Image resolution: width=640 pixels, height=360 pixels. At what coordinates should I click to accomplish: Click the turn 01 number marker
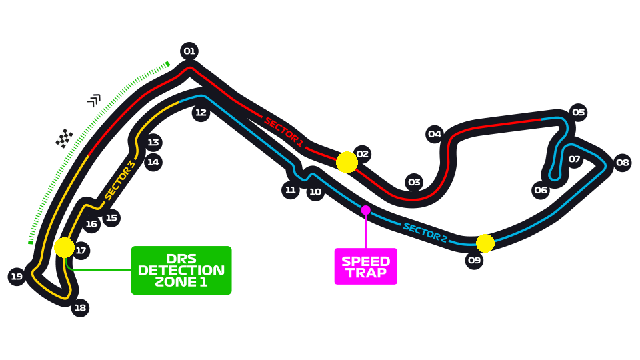point(189,51)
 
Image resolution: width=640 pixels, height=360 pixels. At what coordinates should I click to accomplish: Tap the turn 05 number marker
point(578,112)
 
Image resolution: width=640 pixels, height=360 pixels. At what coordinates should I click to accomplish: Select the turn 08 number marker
point(622,162)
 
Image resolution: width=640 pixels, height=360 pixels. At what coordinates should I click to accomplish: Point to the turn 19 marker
point(17,276)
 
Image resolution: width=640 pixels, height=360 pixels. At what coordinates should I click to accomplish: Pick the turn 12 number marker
point(201,112)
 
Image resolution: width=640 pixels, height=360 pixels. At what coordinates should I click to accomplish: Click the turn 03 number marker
point(414,182)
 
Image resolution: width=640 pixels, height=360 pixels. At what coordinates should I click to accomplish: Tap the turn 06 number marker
point(541,190)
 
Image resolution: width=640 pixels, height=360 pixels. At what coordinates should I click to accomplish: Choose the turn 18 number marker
point(80,308)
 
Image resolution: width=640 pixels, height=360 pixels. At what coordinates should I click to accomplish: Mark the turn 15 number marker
point(111,217)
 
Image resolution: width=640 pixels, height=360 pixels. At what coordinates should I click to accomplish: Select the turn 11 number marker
point(290,190)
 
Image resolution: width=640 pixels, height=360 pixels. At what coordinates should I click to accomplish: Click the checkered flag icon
point(64,138)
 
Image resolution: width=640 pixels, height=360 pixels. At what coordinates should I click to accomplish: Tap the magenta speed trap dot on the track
point(365,210)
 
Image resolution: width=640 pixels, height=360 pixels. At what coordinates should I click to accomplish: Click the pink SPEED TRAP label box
point(365,267)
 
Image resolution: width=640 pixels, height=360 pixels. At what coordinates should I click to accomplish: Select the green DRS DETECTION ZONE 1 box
point(181,271)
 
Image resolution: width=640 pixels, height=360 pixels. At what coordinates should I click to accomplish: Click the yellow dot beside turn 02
point(347,162)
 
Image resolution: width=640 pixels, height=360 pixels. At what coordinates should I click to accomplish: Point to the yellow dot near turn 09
point(485,243)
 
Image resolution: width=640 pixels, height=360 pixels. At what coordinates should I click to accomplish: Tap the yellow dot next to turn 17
point(64,247)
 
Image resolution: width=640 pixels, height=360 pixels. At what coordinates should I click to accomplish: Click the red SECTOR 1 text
point(283,131)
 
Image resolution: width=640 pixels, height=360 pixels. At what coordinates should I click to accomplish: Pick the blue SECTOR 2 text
point(425,232)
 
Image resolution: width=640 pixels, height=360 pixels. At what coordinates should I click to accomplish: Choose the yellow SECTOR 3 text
point(120,180)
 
